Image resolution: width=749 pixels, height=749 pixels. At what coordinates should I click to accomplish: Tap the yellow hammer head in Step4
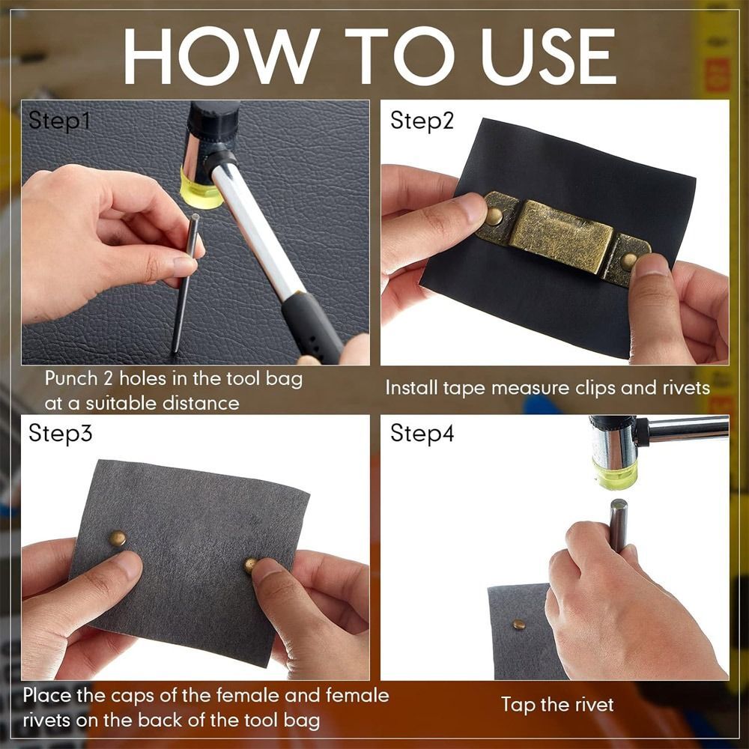pyautogui.click(x=615, y=473)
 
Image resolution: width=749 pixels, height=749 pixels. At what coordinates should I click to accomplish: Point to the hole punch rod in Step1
pyautogui.click(x=184, y=285)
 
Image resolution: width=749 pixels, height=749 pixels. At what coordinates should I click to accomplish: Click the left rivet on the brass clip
pyautogui.click(x=494, y=217)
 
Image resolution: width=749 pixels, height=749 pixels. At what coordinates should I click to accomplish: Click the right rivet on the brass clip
pyautogui.click(x=629, y=260)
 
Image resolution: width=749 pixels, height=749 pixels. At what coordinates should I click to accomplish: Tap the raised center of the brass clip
pyautogui.click(x=562, y=236)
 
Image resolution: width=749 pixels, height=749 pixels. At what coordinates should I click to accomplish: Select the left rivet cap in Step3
pyautogui.click(x=118, y=537)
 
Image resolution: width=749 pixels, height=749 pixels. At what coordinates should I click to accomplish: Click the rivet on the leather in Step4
pyautogui.click(x=518, y=624)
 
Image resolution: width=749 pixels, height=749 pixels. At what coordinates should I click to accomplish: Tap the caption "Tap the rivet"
pyautogui.click(x=557, y=704)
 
